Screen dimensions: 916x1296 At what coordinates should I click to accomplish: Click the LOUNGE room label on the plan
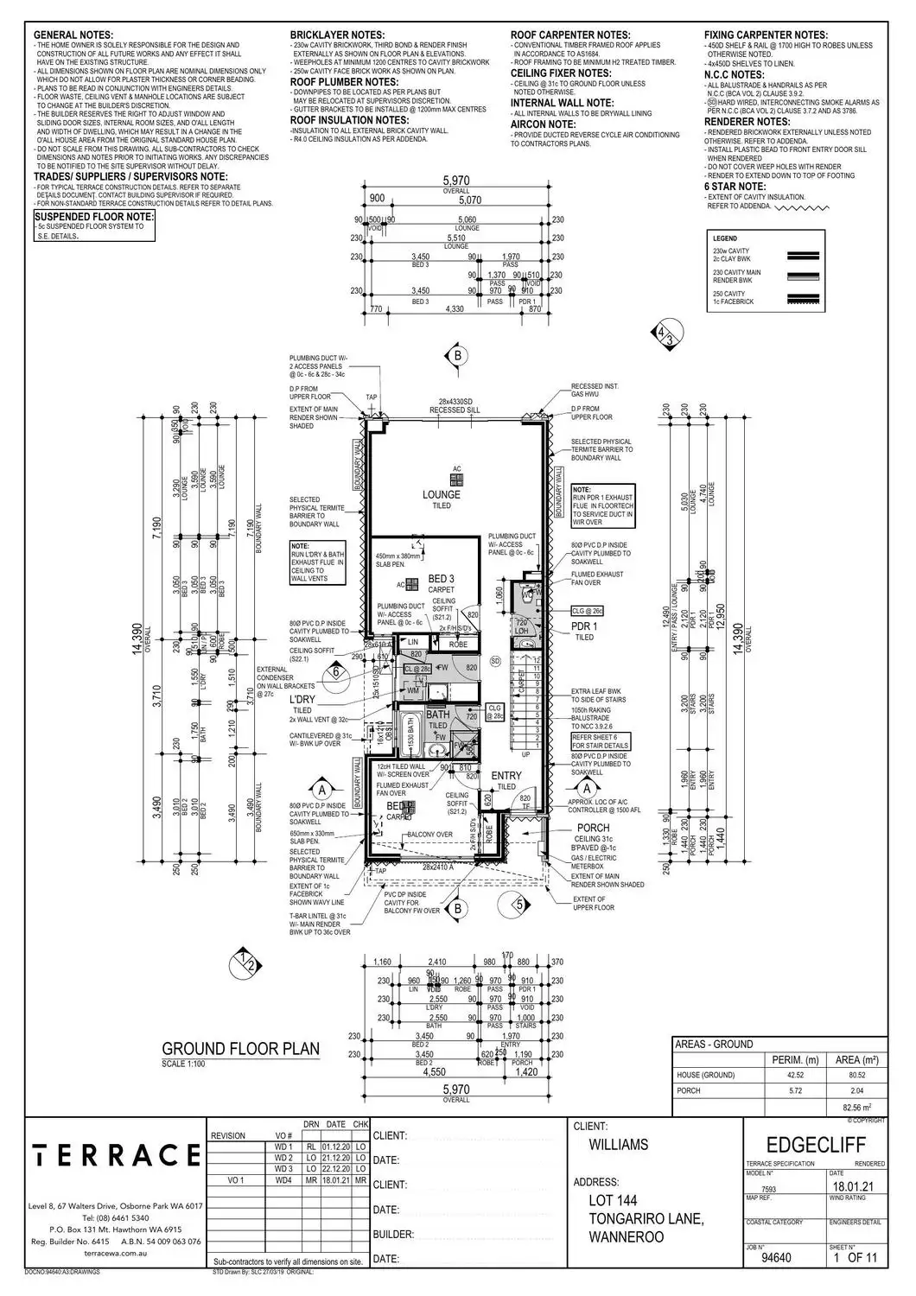click(x=441, y=495)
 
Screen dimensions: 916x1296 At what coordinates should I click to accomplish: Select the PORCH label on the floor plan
click(x=594, y=828)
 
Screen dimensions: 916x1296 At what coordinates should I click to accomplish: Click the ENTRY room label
click(x=506, y=776)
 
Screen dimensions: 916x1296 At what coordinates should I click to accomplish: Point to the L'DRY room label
click(x=302, y=698)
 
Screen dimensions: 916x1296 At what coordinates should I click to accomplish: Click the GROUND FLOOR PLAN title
click(x=241, y=1049)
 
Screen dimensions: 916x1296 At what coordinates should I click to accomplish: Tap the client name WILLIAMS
click(x=618, y=1145)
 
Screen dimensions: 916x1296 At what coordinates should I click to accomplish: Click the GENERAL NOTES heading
click(x=73, y=35)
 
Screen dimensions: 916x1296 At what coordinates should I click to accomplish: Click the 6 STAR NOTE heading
click(x=735, y=186)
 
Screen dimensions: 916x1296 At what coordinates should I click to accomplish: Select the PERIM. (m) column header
click(x=787, y=1059)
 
